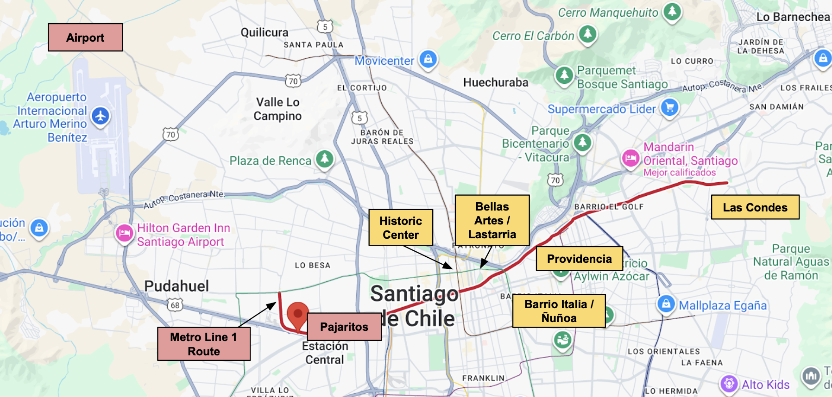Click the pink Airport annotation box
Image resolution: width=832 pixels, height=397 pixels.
[x=85, y=37]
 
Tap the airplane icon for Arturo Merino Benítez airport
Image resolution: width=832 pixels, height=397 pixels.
[x=101, y=116]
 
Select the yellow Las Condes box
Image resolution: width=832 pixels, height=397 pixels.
[x=755, y=207]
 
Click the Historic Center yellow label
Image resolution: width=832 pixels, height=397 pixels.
[x=401, y=227]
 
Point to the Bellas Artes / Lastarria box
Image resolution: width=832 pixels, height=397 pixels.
[x=492, y=220]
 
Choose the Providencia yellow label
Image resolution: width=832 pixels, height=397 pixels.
[x=579, y=259]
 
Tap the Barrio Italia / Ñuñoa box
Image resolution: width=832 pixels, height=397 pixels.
[x=559, y=311]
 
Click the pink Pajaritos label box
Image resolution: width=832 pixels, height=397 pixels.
[x=344, y=327]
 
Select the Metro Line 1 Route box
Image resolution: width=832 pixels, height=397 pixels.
[x=203, y=344]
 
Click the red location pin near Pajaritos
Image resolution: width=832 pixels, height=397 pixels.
[x=298, y=314]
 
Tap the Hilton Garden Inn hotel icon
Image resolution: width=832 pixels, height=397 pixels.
[x=125, y=233]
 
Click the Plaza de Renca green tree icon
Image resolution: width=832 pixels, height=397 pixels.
[x=325, y=159]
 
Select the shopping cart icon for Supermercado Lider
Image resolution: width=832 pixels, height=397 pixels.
[x=669, y=108]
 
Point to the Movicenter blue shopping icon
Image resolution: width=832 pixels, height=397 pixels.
[x=428, y=59]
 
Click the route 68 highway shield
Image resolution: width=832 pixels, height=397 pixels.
[x=175, y=305]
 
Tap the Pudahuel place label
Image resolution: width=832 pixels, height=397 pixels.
[x=176, y=286]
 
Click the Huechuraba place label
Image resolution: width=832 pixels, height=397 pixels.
[x=496, y=82]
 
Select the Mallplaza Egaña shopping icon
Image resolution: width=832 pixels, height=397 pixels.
[x=666, y=304]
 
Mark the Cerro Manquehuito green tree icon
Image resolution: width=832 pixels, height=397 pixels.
[x=672, y=11]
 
